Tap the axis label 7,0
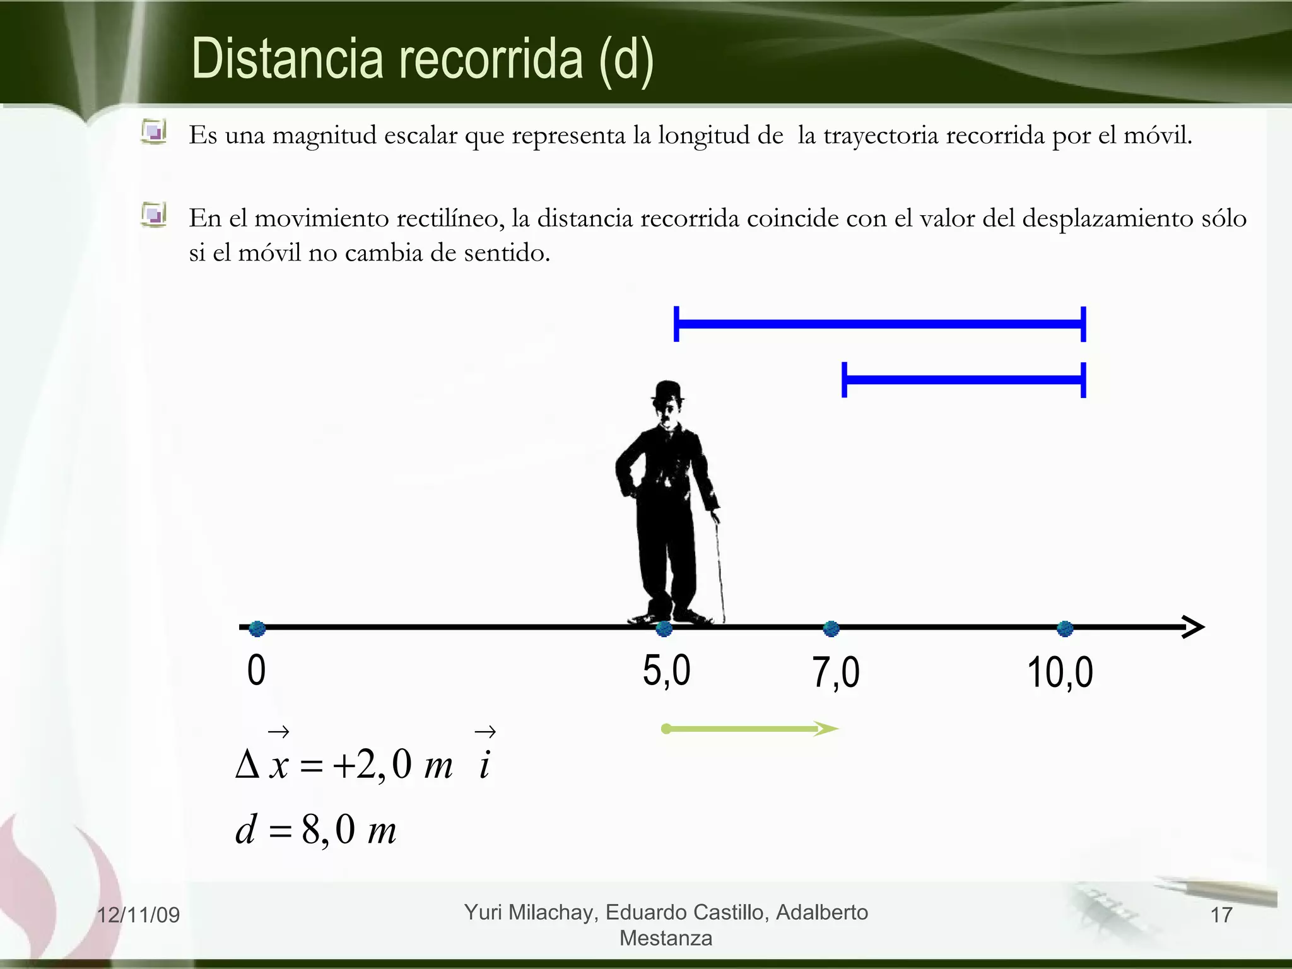coord(835,672)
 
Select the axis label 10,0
coord(1060,672)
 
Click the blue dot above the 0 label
coord(257,628)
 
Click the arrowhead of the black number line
coord(1192,627)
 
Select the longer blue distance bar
coord(879,324)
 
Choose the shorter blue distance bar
coord(963,380)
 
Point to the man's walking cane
coord(719,568)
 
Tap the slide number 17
coord(1221,915)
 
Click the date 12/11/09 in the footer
coord(138,915)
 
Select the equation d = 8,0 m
coord(315,830)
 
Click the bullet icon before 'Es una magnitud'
coord(153,132)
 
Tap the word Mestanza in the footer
coord(666,938)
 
